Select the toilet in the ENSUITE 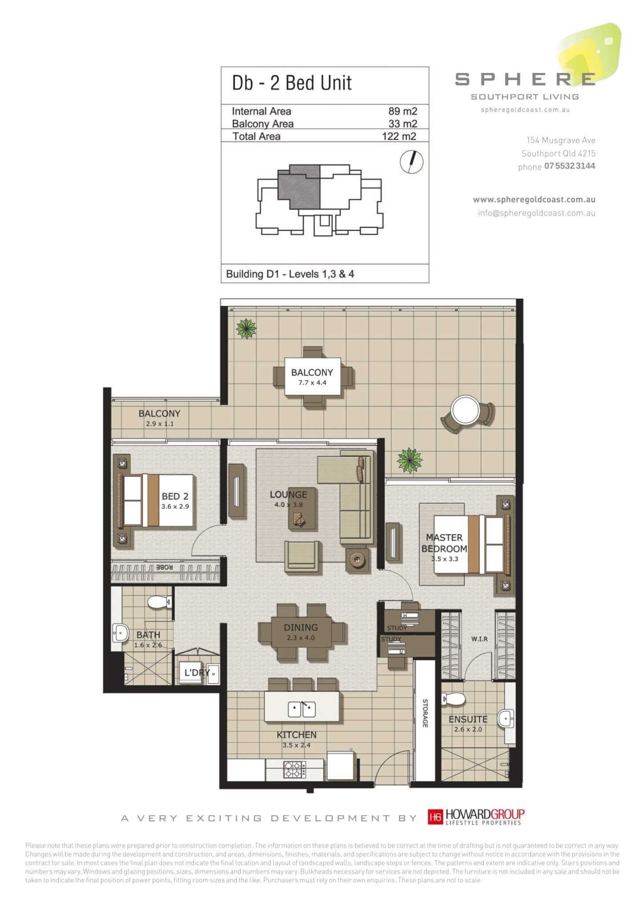pyautogui.click(x=454, y=698)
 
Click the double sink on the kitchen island pyautogui.click(x=302, y=709)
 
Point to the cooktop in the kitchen pyautogui.click(x=295, y=769)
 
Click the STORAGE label pyautogui.click(x=425, y=713)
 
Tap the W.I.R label pyautogui.click(x=479, y=639)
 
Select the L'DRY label pyautogui.click(x=197, y=672)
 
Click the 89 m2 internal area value pyautogui.click(x=402, y=111)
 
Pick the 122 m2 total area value pyautogui.click(x=399, y=136)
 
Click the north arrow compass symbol pyautogui.click(x=411, y=162)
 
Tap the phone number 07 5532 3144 pyautogui.click(x=569, y=166)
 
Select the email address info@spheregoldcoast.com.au pyautogui.click(x=537, y=213)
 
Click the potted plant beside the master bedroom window pyautogui.click(x=409, y=460)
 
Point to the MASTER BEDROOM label pyautogui.click(x=444, y=543)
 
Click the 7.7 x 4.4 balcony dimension pyautogui.click(x=312, y=383)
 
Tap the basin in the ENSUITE pyautogui.click(x=506, y=718)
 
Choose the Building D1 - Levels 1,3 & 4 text pyautogui.click(x=290, y=274)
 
